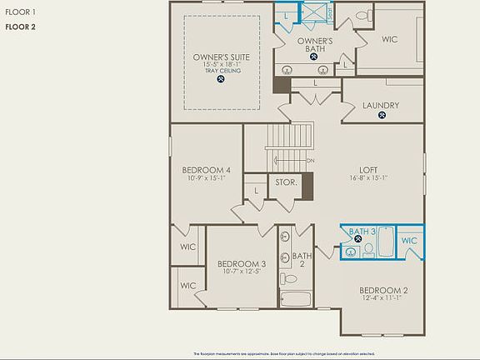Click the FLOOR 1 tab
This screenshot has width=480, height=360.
tap(21, 11)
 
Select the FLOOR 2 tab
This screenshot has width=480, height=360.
tap(21, 27)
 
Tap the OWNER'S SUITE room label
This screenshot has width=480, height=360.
tap(222, 57)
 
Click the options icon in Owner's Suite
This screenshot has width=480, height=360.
tap(222, 82)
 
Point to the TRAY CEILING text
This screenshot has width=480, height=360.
tap(222, 72)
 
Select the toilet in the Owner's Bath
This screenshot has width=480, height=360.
tap(364, 15)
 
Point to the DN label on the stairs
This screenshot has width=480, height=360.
tap(310, 160)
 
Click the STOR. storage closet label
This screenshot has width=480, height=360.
tap(286, 182)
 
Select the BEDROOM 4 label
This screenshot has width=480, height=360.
tap(206, 170)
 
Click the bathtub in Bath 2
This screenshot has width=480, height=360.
tap(295, 299)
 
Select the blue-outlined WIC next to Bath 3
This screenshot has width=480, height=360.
tap(409, 240)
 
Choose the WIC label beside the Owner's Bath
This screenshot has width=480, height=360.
tap(390, 38)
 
